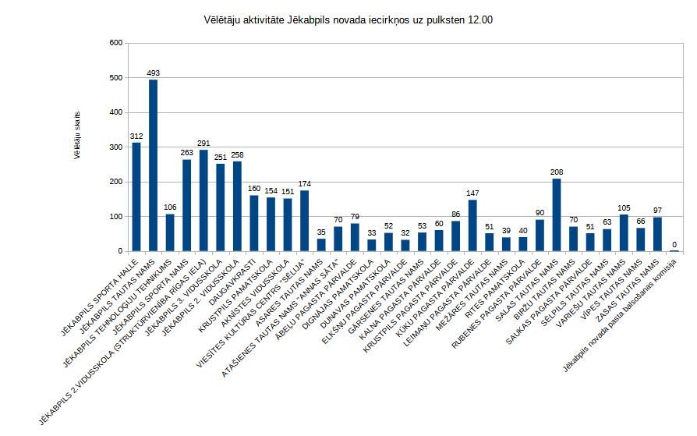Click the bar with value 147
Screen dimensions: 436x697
(472, 225)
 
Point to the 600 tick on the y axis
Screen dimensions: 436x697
(115, 43)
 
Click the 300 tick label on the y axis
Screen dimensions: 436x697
(115, 147)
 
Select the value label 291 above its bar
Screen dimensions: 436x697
(203, 143)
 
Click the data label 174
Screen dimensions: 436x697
(304, 183)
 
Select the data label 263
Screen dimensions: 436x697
(187, 153)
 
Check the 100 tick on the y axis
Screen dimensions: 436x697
(115, 217)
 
